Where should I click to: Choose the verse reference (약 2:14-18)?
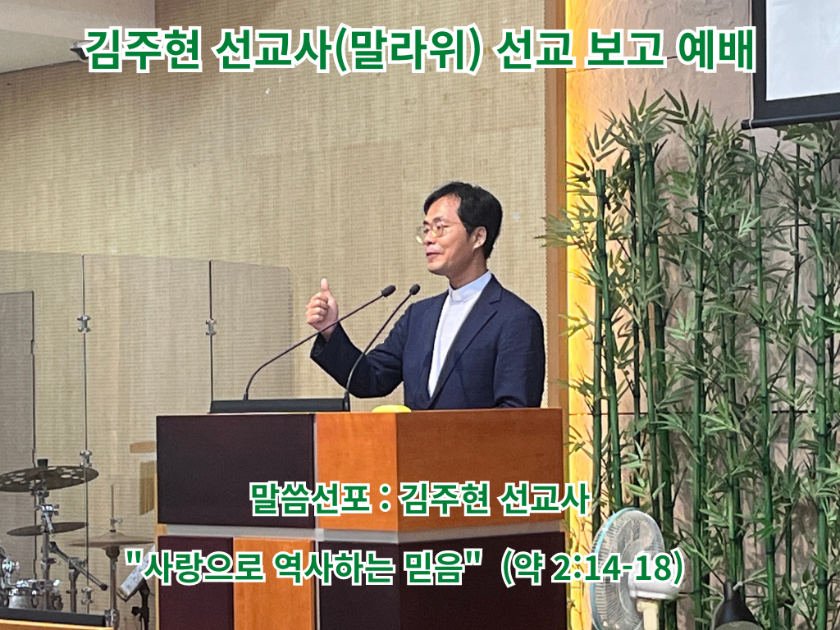point(592,568)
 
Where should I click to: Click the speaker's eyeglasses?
point(436,230)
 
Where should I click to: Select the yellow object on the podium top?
point(391,409)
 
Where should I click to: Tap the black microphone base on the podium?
point(279,405)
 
